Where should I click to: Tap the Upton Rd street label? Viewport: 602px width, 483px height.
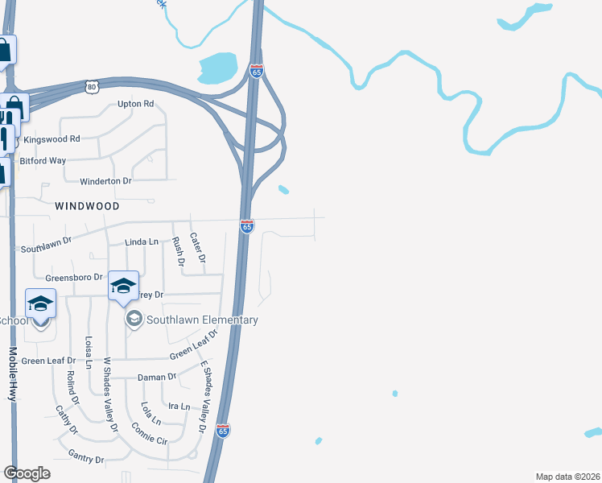tap(135, 104)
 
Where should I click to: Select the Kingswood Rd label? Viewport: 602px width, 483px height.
tap(52, 139)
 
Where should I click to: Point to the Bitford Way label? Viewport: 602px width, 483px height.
tap(43, 161)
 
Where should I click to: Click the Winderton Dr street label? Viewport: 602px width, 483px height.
tap(106, 181)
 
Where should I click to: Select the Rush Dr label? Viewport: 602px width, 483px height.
tap(179, 251)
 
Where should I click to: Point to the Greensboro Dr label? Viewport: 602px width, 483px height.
tap(75, 278)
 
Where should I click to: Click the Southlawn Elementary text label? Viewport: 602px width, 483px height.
tap(201, 320)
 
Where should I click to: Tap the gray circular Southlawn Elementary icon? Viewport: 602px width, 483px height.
tap(133, 320)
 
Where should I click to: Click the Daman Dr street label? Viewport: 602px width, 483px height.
tap(158, 377)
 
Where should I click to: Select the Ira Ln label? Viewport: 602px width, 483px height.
tap(179, 407)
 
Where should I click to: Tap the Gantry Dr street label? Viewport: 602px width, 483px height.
tap(86, 460)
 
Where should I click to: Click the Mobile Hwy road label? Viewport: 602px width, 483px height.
tap(13, 374)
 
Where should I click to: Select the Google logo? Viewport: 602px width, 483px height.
tap(27, 473)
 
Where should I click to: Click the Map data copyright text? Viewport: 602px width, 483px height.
tap(567, 477)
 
